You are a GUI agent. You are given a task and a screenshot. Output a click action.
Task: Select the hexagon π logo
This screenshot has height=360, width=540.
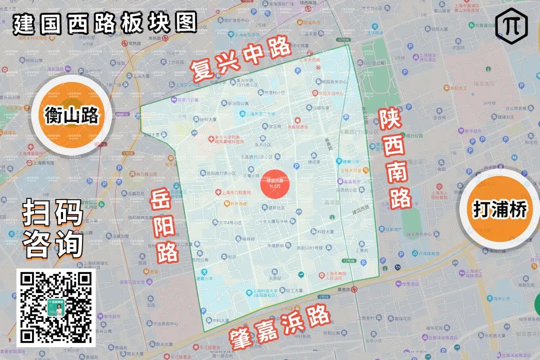click(x=511, y=24)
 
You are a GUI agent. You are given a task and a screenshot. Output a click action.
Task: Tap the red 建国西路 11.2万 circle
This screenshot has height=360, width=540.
click(x=275, y=182)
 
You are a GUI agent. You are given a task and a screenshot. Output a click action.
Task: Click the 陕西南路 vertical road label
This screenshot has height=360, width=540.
click(x=393, y=159)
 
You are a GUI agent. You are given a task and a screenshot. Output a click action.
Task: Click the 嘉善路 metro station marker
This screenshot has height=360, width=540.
click(x=354, y=289)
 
